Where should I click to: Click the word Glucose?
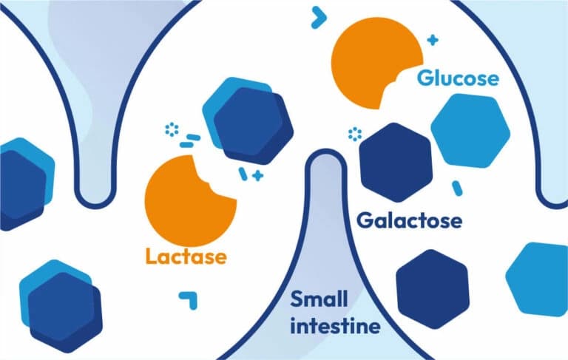458,78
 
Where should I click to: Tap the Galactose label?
409,220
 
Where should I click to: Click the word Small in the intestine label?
319,299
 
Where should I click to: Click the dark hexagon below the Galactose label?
433,288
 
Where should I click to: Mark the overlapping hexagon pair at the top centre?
244,118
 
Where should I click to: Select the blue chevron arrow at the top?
319,16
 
